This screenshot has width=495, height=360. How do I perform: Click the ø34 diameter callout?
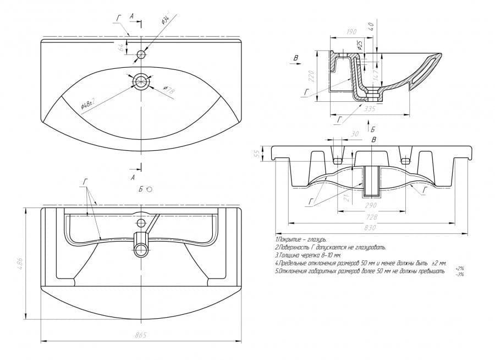pos(164,20)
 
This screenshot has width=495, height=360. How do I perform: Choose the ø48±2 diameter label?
pos(88,104)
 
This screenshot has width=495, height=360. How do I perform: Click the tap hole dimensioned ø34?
pos(141,54)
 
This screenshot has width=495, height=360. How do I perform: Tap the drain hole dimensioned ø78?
pos(141,81)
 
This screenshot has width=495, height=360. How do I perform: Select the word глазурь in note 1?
pos(315,240)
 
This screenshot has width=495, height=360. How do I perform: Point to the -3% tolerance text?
pos(459,274)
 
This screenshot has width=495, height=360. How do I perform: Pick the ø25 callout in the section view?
pos(360,46)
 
